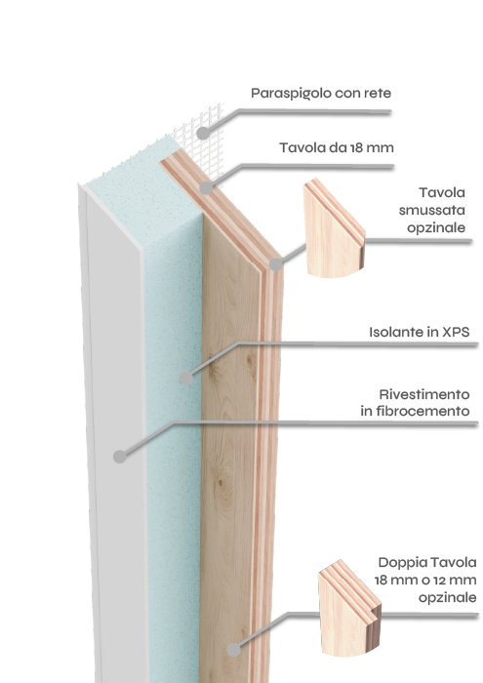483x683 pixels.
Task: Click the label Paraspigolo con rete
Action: (321, 94)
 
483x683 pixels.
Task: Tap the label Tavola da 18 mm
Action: (337, 147)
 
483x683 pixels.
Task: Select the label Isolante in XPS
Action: (420, 332)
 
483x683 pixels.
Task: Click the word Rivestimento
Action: (424, 394)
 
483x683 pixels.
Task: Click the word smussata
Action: (432, 210)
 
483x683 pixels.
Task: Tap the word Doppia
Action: (402, 563)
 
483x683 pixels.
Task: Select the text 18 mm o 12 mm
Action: (425, 581)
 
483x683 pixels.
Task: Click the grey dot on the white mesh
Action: (203, 133)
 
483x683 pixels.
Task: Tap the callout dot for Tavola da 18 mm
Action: (206, 188)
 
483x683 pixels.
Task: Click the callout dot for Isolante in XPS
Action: (186, 378)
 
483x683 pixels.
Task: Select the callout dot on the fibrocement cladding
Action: (120, 457)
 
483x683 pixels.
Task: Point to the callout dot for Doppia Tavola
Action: (234, 650)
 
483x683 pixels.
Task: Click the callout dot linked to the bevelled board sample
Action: (276, 264)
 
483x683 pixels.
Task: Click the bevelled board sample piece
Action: (334, 229)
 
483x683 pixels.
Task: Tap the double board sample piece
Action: (349, 609)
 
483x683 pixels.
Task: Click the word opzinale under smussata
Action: (436, 227)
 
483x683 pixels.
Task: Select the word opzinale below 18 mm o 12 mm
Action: (447, 597)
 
